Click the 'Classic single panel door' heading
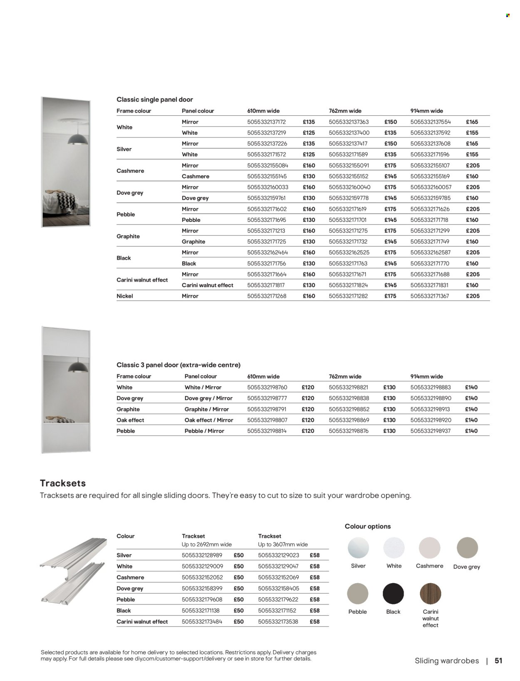coord(155,99)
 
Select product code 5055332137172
coord(266,122)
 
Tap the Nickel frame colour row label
coord(125,296)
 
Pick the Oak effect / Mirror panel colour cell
coord(209,420)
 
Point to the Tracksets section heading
coord(63,483)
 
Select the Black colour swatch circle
coord(393,594)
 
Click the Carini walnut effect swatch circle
coord(431,594)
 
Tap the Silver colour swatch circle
coord(358,548)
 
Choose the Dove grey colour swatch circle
coord(467,548)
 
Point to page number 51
coord(498,661)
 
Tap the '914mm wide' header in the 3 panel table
coord(426,376)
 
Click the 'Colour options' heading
coord(368,527)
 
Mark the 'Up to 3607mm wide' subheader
coord(283,544)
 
